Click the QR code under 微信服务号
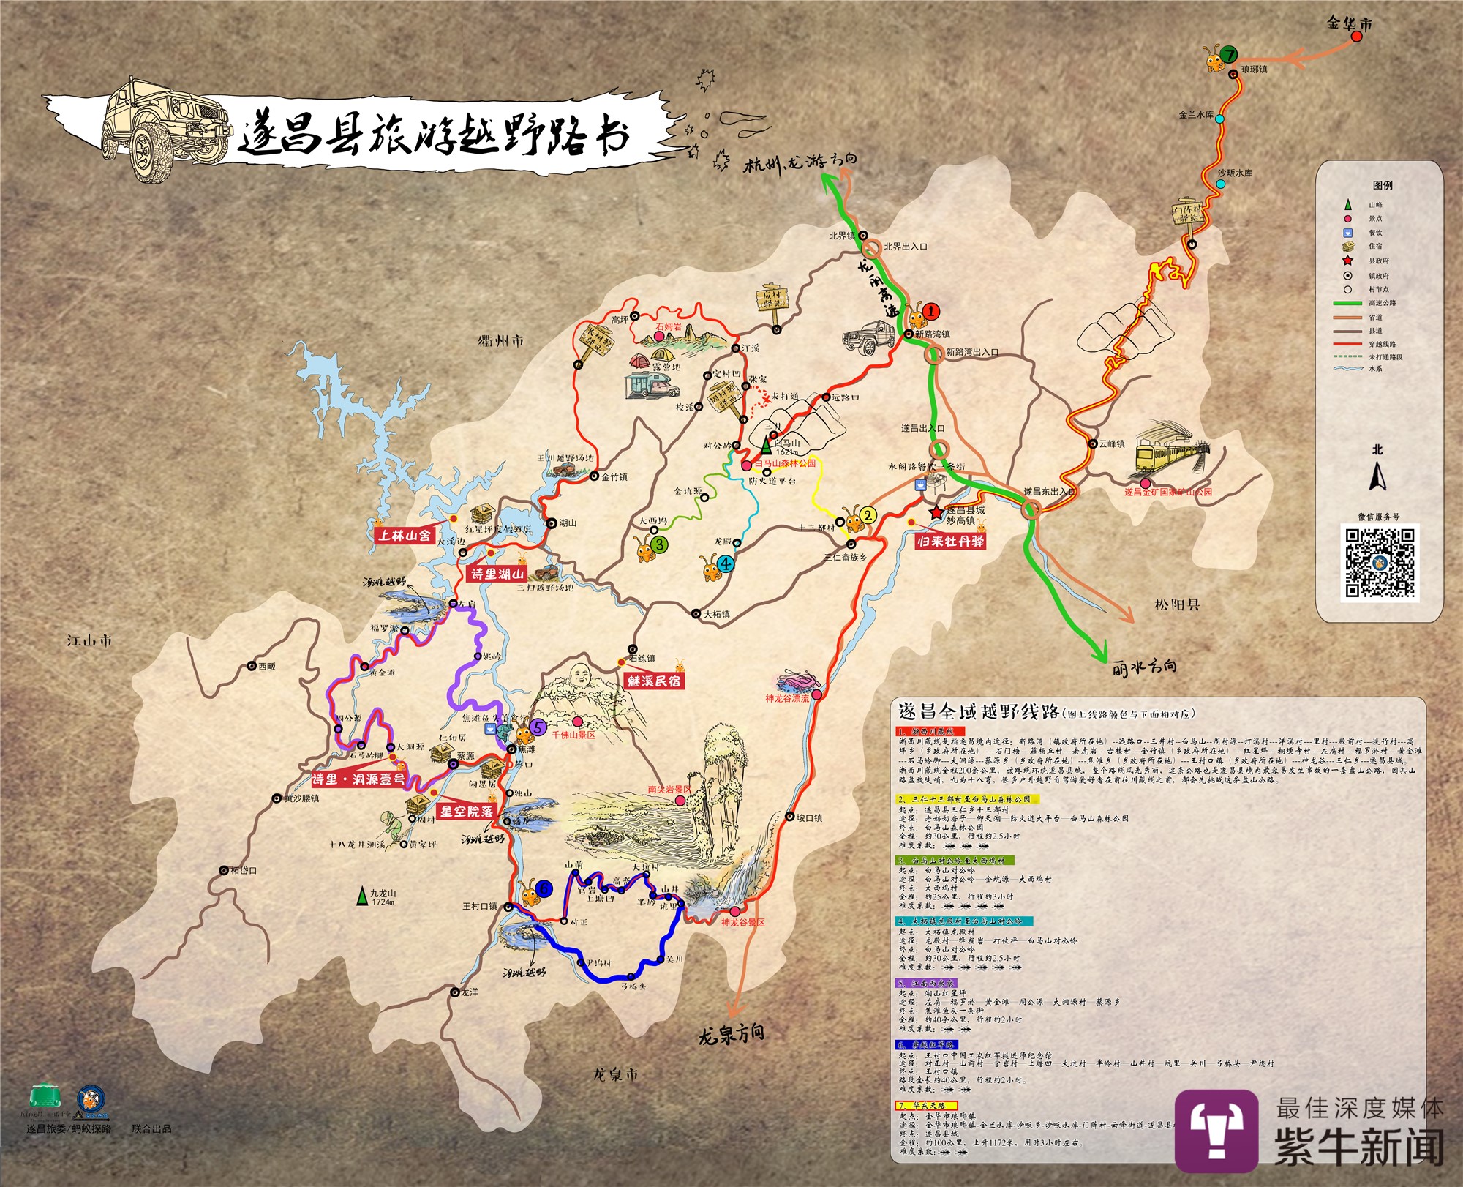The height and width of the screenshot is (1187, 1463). [1380, 562]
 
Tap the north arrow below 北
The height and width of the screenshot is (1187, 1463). [1377, 478]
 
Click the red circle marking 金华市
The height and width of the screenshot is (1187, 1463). [1356, 37]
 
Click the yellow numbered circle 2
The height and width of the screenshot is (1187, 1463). [868, 515]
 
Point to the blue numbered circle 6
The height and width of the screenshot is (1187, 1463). [544, 888]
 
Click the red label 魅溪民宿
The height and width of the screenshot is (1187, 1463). [653, 681]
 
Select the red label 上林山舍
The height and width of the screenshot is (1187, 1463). [405, 535]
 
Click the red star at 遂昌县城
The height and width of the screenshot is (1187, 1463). [936, 512]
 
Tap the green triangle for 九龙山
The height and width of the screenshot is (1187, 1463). [361, 896]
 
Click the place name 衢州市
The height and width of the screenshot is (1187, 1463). [501, 341]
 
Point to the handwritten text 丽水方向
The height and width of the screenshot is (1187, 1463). [1144, 667]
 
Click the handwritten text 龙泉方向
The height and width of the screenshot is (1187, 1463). [731, 1034]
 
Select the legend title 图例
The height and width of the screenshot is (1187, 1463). [1383, 185]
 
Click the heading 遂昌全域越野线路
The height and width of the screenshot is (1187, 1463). [979, 712]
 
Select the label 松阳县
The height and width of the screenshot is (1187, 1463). [1177, 604]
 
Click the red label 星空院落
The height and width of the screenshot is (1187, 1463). [466, 812]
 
